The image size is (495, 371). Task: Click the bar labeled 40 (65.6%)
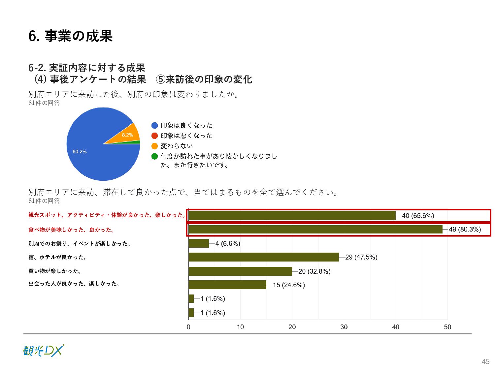292,216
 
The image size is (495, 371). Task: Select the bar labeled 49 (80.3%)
315,230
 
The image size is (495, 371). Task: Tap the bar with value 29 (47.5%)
264,257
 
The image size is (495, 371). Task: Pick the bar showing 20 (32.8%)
240,271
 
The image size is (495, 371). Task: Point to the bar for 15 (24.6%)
227,285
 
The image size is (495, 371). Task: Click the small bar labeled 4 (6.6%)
199,244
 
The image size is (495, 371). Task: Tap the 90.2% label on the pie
80,152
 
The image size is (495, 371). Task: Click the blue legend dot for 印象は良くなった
154,126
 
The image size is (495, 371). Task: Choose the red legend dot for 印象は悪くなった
154,136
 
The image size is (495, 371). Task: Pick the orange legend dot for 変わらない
154,146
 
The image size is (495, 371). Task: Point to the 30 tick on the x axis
344,327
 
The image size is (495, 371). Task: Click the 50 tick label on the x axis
447,327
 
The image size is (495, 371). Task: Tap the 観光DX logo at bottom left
44,351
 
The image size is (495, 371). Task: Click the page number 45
485,361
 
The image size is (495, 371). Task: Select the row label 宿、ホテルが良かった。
57,257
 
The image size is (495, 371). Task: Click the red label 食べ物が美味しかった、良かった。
71,230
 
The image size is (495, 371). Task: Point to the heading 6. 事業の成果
71,36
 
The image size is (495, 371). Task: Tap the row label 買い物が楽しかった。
55,271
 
